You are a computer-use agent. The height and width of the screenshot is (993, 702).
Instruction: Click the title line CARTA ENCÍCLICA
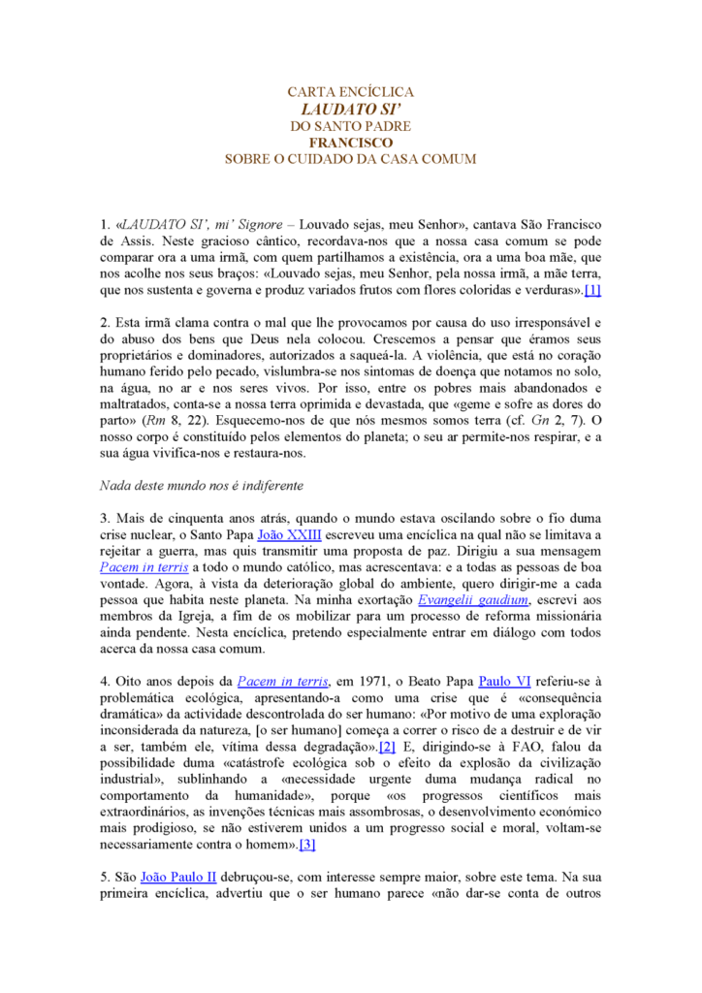(x=351, y=92)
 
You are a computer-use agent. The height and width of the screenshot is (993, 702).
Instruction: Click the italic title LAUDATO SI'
(x=351, y=109)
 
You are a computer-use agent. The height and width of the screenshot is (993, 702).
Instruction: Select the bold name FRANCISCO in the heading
(x=351, y=143)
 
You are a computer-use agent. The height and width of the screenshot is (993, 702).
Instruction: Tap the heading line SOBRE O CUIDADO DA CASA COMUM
(x=351, y=159)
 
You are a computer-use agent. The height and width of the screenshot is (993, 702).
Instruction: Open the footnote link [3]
(x=307, y=845)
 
